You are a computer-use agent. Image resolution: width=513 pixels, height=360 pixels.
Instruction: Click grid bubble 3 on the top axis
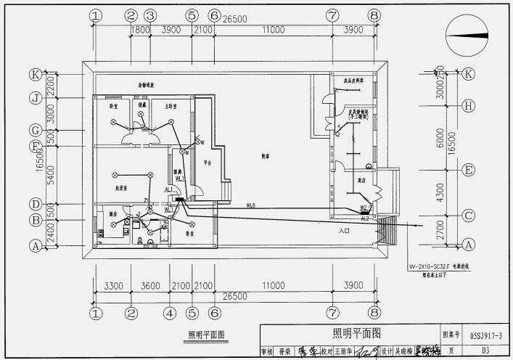149,15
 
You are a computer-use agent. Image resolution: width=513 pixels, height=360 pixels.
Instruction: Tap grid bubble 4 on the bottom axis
170,314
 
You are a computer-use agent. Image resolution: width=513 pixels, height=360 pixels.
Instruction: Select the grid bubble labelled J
34,98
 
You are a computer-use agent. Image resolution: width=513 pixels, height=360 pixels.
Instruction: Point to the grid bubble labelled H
469,105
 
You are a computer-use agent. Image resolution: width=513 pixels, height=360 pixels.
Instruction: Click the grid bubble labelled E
469,171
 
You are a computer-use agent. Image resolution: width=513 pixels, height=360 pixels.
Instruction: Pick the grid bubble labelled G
34,130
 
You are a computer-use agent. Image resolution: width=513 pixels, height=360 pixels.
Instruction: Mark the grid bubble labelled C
469,216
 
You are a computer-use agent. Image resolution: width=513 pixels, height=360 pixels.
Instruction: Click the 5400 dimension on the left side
51,175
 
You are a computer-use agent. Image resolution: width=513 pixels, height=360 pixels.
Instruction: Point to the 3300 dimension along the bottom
113,287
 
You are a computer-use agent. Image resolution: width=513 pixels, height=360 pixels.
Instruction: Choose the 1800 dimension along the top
140,29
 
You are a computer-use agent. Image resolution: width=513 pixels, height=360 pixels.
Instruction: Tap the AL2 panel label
366,218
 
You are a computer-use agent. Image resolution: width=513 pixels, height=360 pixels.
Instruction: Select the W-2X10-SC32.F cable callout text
432,267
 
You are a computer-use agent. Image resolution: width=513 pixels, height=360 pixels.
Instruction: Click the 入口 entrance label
344,230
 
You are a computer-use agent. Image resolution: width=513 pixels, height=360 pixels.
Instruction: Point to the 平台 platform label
207,163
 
